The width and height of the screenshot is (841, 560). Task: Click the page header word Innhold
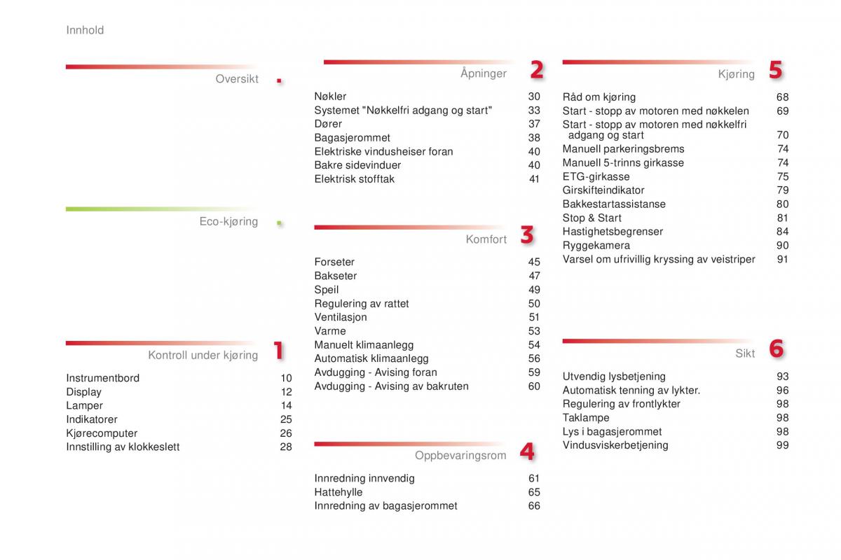coord(85,30)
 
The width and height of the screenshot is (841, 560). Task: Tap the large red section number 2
coord(536,70)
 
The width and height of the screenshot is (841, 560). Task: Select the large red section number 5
coord(774,70)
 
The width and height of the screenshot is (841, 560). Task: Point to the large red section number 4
coord(527,452)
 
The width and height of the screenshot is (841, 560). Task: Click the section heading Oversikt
coord(237,79)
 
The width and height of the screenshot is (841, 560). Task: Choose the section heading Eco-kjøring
coord(228,222)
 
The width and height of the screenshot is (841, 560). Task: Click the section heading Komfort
coord(486,239)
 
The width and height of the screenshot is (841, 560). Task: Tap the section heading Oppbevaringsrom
coord(460,456)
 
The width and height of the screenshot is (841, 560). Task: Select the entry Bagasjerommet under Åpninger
coord(352,138)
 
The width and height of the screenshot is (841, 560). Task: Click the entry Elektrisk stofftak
coord(354,179)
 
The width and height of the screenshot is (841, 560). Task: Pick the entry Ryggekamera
coord(596,246)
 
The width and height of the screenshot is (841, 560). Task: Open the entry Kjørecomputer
coord(102,433)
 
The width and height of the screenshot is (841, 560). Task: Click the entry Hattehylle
coord(338,492)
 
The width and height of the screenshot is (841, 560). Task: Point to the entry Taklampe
coord(585,418)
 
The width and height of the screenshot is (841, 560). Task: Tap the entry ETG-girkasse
coord(596,176)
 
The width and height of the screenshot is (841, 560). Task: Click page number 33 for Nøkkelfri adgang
coord(534,111)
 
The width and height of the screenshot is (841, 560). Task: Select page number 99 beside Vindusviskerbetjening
coord(782,445)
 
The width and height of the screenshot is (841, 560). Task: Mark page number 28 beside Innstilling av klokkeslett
coord(286,447)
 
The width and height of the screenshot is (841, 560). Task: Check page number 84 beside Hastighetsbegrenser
coord(782,232)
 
